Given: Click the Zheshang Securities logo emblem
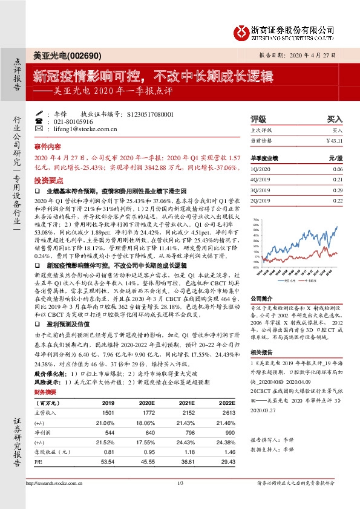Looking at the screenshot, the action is (x=243, y=30).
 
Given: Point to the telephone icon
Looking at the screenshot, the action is (x=39, y=121).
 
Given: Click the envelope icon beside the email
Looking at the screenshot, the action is (x=39, y=129).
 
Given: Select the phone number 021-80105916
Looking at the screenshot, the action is (x=73, y=121).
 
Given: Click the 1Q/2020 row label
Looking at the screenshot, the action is (x=259, y=169).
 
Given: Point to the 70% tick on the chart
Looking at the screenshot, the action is (x=255, y=219).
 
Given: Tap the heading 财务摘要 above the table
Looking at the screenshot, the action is (x=46, y=392).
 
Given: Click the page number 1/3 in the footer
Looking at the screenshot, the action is (x=180, y=482).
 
